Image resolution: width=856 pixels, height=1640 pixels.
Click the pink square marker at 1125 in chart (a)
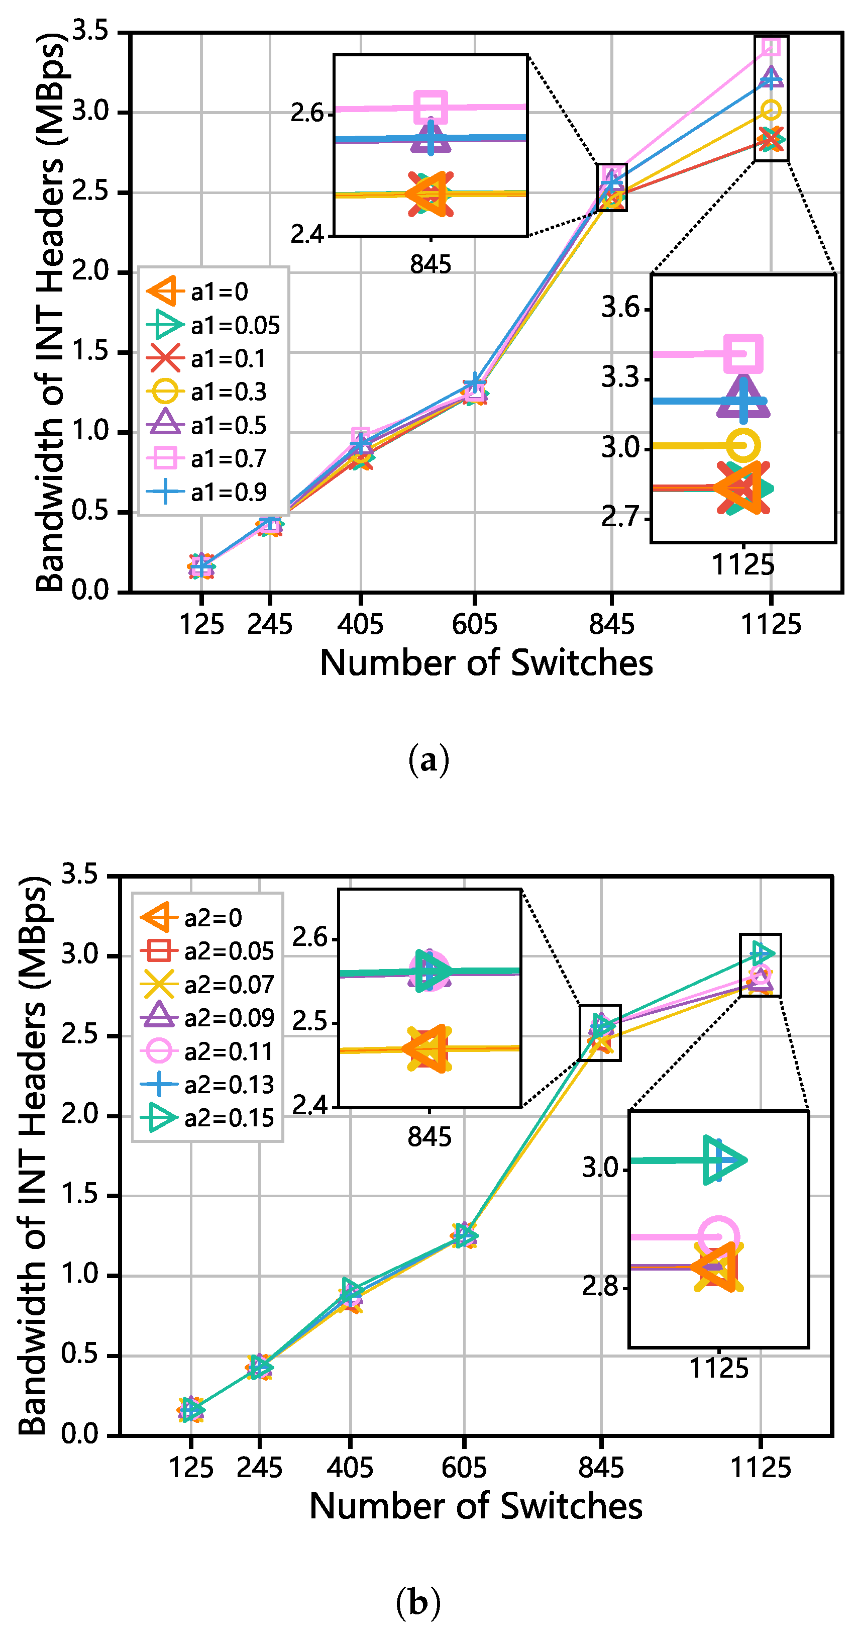[771, 46]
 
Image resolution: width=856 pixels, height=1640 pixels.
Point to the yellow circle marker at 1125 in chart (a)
[771, 110]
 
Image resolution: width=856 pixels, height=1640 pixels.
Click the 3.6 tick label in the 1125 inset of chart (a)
[620, 308]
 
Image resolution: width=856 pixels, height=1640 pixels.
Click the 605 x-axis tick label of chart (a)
[474, 625]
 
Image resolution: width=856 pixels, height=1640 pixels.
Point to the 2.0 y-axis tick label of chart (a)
[90, 272]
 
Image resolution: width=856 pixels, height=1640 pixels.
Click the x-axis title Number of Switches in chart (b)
[475, 1506]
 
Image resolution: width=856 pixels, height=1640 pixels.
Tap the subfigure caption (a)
[429, 759]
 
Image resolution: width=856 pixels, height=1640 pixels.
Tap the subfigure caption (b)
[418, 1602]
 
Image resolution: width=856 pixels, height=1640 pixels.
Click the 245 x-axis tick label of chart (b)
[259, 1468]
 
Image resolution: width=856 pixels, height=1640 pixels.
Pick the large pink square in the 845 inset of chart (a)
[430, 107]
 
